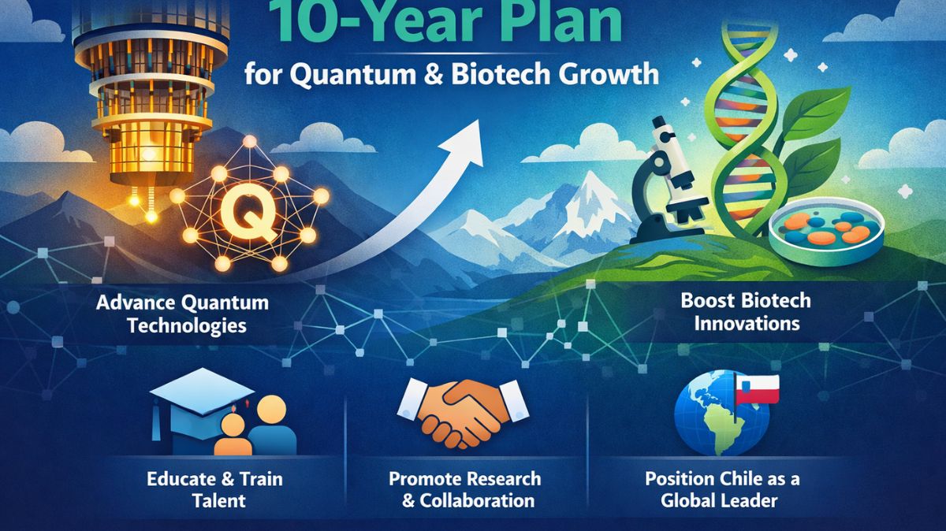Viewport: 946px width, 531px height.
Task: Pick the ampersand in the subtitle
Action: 437,75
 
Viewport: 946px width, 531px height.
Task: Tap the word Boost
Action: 704,301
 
